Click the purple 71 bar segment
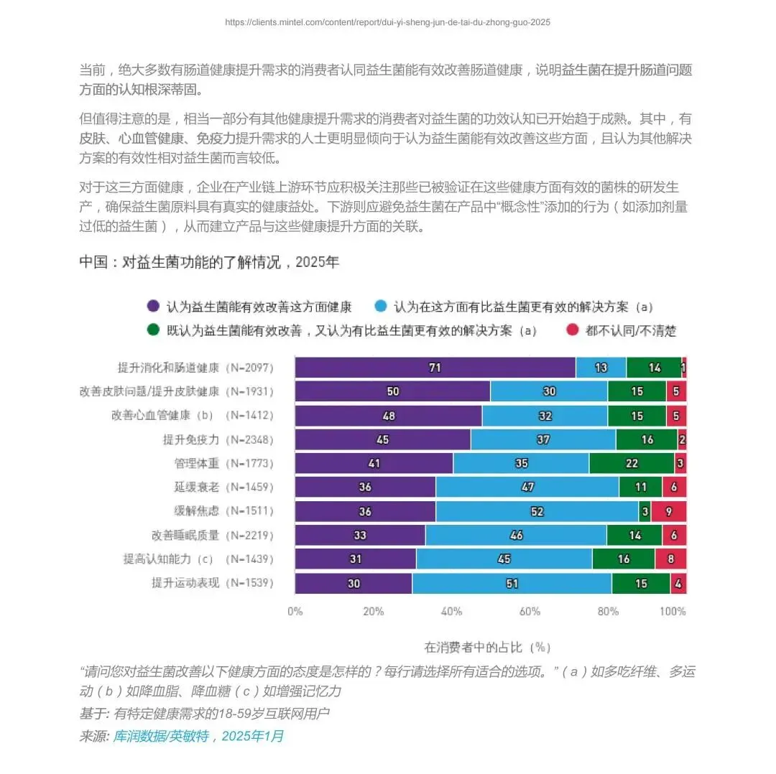[435, 368]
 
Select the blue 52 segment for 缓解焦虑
[537, 511]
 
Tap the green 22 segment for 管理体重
[632, 463]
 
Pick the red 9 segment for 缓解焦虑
[669, 511]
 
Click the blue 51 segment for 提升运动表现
[512, 584]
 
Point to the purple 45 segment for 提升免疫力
[382, 439]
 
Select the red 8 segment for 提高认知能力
[670, 559]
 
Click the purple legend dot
[154, 306]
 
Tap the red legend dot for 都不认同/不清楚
[573, 330]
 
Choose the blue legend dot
[381, 306]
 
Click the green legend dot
[154, 330]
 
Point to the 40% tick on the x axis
[451, 612]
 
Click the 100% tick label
[673, 612]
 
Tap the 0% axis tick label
[295, 612]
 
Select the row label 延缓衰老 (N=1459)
[223, 487]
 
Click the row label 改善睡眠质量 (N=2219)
[212, 535]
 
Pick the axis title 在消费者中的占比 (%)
[487, 648]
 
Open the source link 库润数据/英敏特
[162, 737]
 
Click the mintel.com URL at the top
[387, 22]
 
